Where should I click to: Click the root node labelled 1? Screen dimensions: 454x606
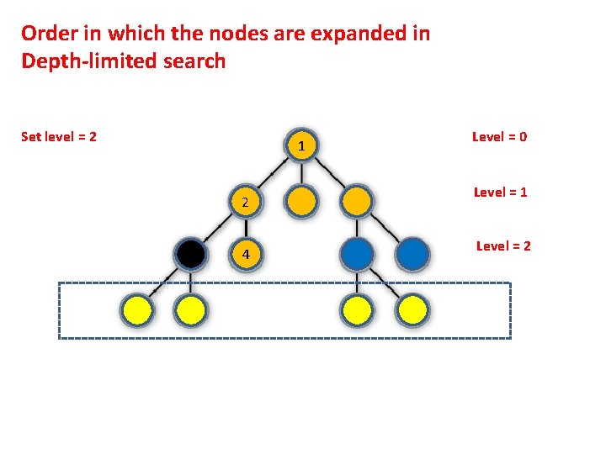tap(301, 146)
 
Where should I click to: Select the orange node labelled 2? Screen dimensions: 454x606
tap(244, 202)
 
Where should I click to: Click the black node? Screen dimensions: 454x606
tap(191, 254)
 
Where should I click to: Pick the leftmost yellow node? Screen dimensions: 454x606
tap(138, 310)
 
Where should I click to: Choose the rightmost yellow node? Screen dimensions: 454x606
tap(412, 310)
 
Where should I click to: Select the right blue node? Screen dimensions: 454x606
tap(412, 254)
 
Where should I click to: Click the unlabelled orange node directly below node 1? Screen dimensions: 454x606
tap(301, 202)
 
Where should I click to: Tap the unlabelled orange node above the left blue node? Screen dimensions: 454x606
tap(357, 202)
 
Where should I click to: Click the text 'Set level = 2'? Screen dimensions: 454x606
tap(58, 136)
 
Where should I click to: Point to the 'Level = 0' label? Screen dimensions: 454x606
tap(499, 136)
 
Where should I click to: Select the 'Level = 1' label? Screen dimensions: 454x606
tap(500, 192)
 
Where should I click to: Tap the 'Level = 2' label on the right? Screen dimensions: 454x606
tap(503, 245)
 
